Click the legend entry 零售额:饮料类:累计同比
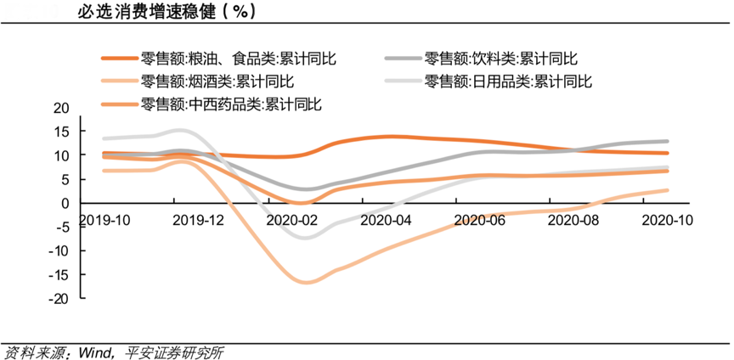(x=501, y=59)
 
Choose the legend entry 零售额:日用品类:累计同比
(x=508, y=82)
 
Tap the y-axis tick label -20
(x=59, y=299)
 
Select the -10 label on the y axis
(x=59, y=251)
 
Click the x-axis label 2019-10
(x=104, y=220)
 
